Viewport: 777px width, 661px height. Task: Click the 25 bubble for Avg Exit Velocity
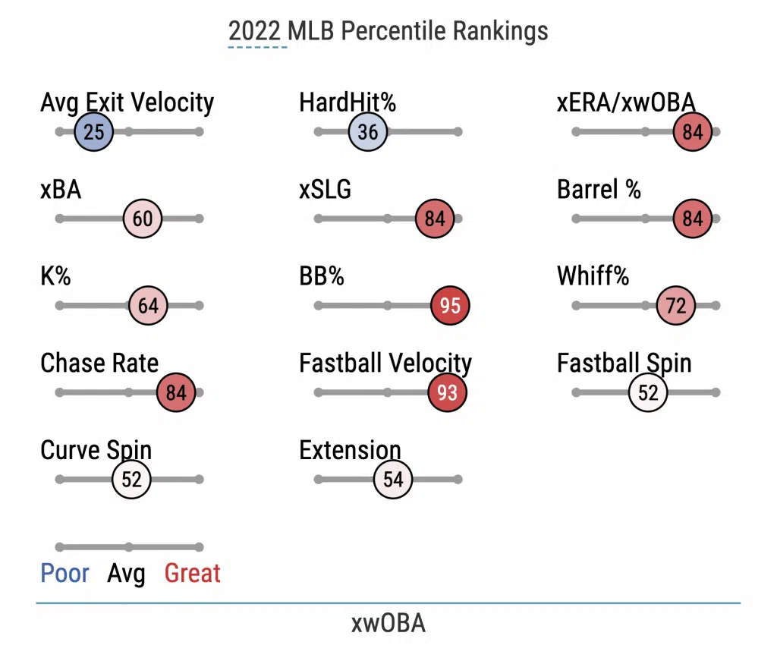tap(94, 132)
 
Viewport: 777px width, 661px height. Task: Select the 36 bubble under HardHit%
tap(368, 132)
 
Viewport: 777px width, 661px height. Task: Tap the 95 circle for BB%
tap(451, 306)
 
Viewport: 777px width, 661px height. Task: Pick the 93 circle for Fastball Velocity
tap(448, 393)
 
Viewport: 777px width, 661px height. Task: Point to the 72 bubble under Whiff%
tap(676, 306)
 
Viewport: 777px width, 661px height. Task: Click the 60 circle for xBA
tap(143, 219)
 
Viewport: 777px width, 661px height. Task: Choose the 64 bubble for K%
tap(148, 306)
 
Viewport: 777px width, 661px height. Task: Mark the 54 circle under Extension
tap(393, 480)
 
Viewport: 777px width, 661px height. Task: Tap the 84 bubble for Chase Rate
tap(176, 393)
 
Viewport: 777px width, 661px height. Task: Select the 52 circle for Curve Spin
tap(132, 480)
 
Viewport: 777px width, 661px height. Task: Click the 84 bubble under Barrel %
tap(693, 219)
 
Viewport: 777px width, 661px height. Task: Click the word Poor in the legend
tap(65, 574)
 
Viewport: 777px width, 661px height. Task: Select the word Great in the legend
tap(193, 574)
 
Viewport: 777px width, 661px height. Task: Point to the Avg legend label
tap(126, 574)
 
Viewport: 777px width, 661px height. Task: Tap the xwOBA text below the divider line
tap(388, 623)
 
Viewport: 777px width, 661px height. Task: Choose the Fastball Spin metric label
tap(624, 363)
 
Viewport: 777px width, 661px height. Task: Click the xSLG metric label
tap(326, 189)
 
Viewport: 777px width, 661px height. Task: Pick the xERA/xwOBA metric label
tap(626, 102)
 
